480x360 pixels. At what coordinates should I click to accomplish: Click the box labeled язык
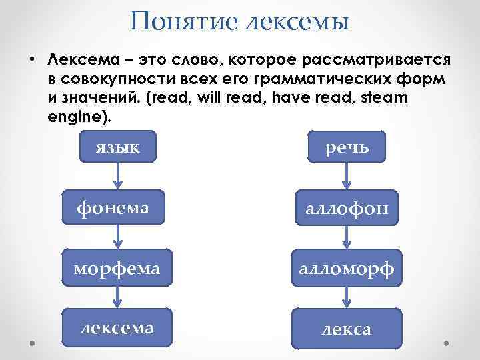point(117,147)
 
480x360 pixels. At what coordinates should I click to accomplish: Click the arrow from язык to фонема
point(118,176)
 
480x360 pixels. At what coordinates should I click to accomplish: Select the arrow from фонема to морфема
point(118,236)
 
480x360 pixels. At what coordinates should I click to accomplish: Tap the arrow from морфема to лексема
point(118,297)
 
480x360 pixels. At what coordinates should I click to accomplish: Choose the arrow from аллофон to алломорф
point(345,238)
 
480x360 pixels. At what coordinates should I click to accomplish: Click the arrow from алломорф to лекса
point(345,298)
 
